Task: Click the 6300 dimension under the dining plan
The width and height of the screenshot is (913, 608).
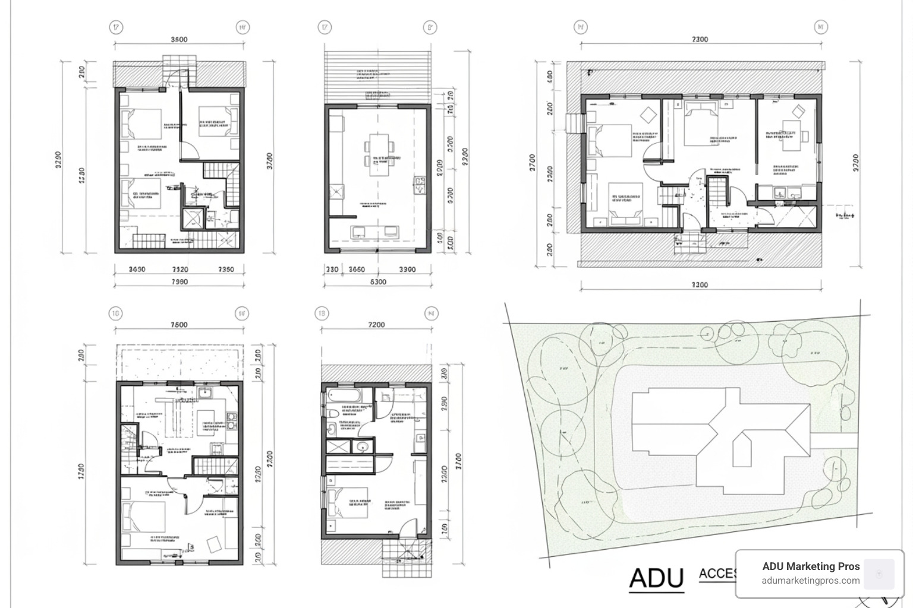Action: tap(378, 282)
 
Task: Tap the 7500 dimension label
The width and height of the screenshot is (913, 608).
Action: tap(179, 324)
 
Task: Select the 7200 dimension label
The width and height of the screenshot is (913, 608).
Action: tap(376, 324)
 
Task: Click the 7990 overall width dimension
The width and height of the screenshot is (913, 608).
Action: tap(179, 282)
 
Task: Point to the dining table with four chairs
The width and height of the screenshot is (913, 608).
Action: tap(379, 154)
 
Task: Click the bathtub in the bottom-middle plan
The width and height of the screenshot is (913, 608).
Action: tap(342, 395)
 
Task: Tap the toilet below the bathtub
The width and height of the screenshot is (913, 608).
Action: tap(333, 413)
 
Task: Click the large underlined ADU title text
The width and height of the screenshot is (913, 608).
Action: tap(656, 578)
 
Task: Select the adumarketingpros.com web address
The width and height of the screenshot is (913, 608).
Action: tap(811, 581)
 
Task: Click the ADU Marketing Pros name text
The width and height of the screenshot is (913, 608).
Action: tap(811, 566)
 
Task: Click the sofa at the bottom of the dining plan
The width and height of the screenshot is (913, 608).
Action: tap(375, 231)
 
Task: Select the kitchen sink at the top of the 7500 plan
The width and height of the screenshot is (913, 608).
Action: tap(206, 392)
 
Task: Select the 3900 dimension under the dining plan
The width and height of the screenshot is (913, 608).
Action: tap(407, 269)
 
